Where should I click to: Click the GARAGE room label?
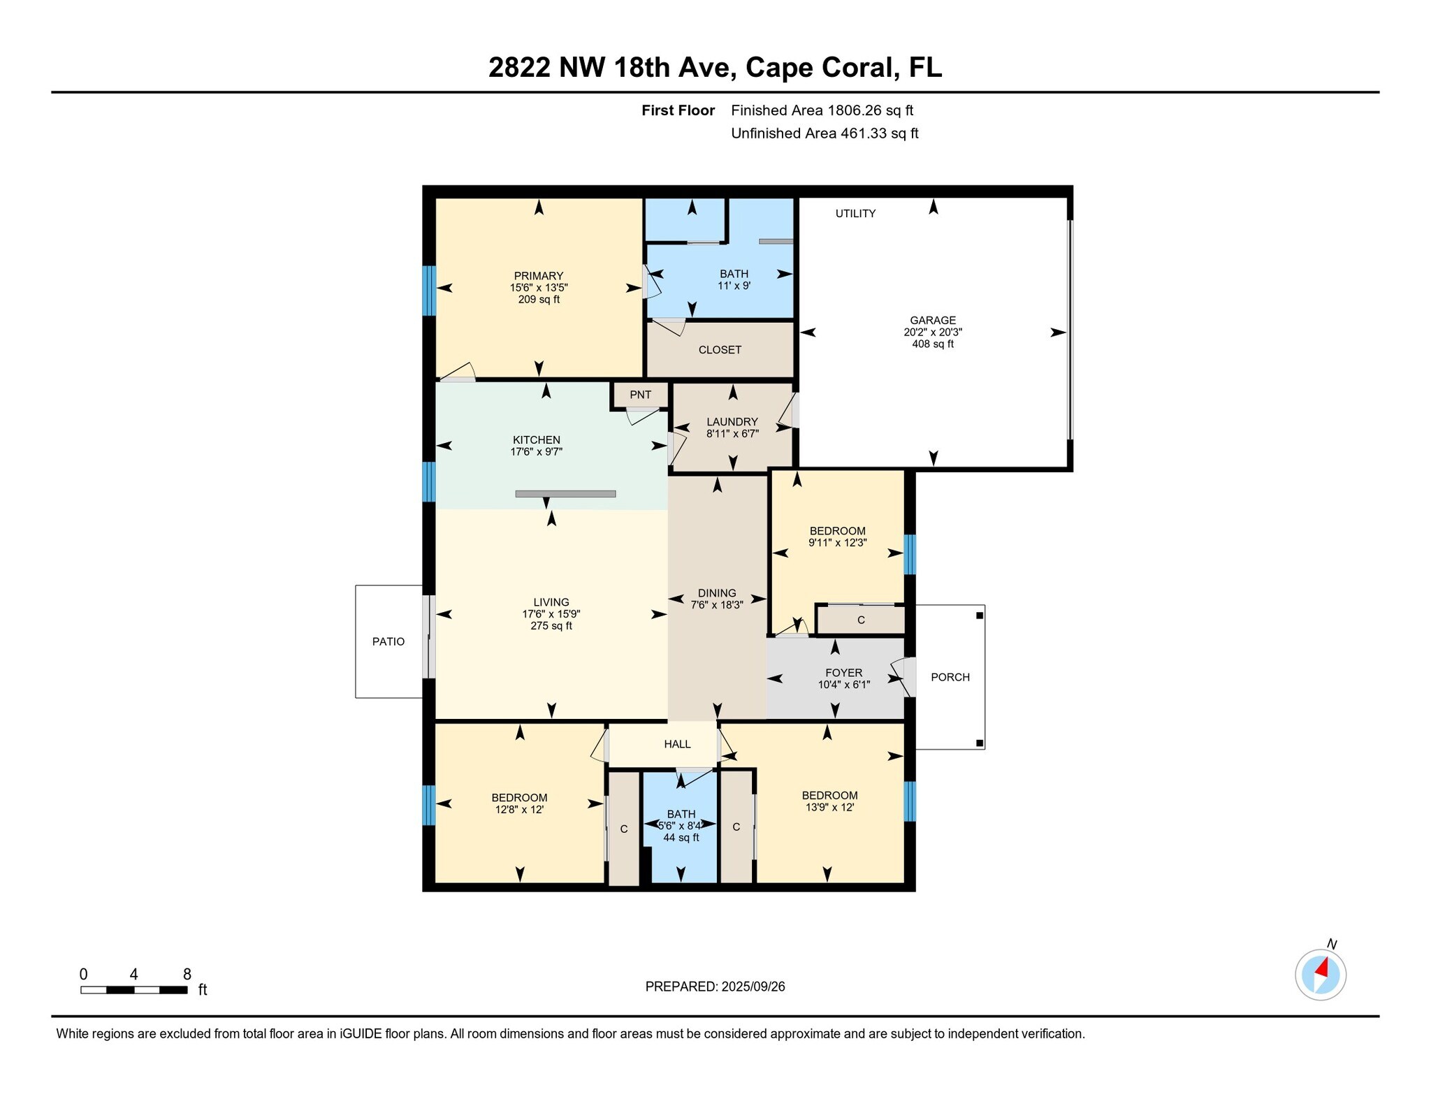(933, 321)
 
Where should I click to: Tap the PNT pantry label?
(640, 395)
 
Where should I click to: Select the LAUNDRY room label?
(732, 422)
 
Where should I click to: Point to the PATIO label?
(388, 641)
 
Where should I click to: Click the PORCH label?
(950, 677)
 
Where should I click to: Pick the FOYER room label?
(844, 673)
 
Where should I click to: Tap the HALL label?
(677, 744)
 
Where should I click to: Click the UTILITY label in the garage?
(855, 214)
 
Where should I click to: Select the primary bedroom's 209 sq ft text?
(539, 300)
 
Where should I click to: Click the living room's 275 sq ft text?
(551, 626)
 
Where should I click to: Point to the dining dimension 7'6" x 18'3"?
(717, 605)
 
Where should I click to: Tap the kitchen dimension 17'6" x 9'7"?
(537, 452)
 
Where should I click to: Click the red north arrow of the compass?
(1321, 968)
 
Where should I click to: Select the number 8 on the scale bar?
(187, 975)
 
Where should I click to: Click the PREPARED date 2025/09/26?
(753, 987)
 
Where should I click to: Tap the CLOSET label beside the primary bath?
(720, 350)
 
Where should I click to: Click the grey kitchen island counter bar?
(565, 494)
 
